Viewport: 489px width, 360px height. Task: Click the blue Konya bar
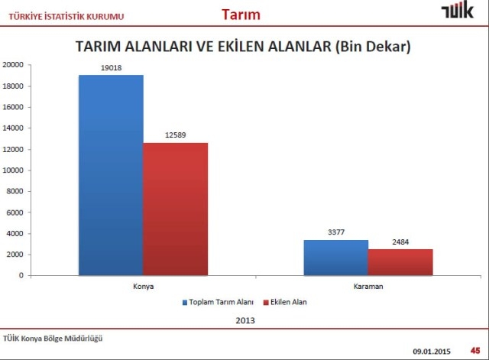(110, 175)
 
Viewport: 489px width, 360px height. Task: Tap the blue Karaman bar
(335, 258)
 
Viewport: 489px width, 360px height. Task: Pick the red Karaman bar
(400, 262)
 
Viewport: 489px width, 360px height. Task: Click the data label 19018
(110, 67)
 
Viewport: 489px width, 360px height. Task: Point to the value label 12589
(175, 135)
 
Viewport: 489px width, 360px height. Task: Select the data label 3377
(335, 232)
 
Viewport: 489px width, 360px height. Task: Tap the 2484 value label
(400, 242)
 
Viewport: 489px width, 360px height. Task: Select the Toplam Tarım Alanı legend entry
(219, 303)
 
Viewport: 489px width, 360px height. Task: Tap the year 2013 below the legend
(245, 321)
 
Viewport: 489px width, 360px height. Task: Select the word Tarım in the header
(241, 14)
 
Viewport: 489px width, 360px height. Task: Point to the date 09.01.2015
(432, 351)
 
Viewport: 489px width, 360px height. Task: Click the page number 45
(474, 350)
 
